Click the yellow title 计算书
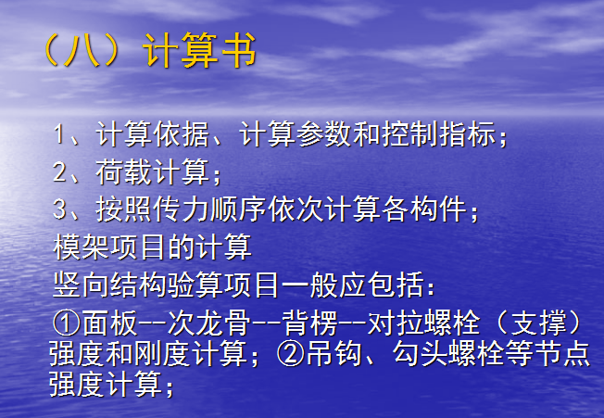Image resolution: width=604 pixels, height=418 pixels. point(200,51)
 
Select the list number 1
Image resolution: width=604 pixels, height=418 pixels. point(59,134)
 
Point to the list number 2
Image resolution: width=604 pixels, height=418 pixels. point(59,171)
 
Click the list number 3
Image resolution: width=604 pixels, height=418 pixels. point(59,209)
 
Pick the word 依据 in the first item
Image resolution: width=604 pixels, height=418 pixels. point(181,134)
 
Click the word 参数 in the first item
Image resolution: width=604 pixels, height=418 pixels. point(324,134)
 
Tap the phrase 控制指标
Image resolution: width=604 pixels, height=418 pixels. point(439,134)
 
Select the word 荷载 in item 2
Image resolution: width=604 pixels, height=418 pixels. point(124,171)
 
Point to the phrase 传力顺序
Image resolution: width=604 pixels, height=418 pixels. point(210,209)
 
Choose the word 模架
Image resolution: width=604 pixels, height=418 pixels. point(82,247)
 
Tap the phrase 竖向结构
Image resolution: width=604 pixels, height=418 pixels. point(110,285)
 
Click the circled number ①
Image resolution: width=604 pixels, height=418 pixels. point(66,323)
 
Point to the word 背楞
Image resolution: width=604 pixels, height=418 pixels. point(309,323)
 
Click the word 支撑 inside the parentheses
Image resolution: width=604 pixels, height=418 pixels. point(537,323)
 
